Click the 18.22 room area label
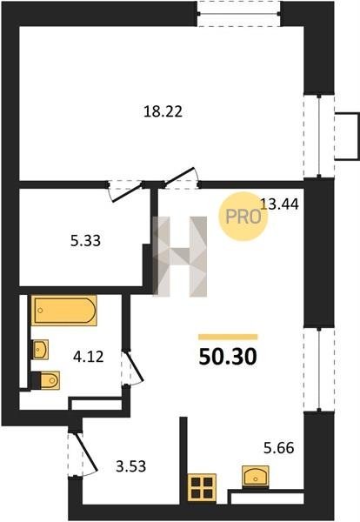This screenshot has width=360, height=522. [x=163, y=111]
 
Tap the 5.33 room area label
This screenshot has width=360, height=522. [x=85, y=240]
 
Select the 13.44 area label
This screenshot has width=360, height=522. [x=279, y=204]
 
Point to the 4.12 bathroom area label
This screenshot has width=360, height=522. [x=89, y=357]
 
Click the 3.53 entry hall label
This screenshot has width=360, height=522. [x=130, y=466]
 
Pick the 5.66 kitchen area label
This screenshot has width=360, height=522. [x=279, y=448]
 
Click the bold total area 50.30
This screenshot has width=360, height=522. [x=228, y=357]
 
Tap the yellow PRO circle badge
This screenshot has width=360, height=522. [x=243, y=217]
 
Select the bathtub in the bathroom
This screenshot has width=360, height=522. [x=64, y=311]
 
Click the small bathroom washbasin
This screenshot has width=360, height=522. [x=41, y=350]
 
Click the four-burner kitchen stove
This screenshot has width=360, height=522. [x=202, y=487]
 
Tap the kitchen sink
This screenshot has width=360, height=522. [x=255, y=477]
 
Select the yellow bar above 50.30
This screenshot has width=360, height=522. [x=228, y=337]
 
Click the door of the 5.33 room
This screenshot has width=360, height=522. [x=128, y=192]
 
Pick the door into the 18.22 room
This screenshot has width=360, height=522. [x=180, y=177]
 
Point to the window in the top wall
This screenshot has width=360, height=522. [x=238, y=14]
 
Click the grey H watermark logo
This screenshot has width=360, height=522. [x=180, y=257]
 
